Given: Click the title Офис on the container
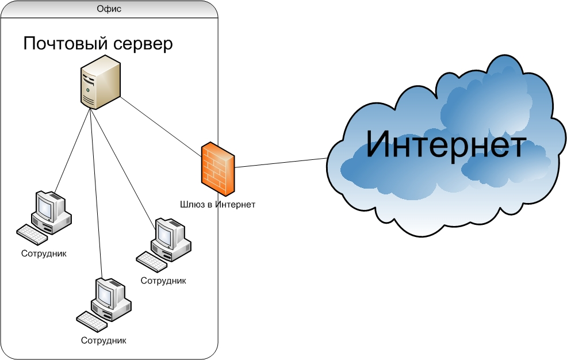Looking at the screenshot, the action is coord(109,9).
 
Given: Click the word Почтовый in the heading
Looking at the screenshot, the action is coord(66,44).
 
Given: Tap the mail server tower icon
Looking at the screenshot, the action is coord(100,82).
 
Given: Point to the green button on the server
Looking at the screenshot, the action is coord(87,90).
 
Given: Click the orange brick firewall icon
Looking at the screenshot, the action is coord(218,168).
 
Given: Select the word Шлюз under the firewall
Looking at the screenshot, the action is coord(192,205).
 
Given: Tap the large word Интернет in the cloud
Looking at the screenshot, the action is coord(446,144).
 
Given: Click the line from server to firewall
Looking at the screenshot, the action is coord(161,127).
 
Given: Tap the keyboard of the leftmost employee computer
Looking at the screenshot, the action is coord(32,235).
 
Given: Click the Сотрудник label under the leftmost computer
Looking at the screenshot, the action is coord(44,254).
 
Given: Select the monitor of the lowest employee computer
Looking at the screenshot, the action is coord(107,292).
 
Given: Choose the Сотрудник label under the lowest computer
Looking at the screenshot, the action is coord(104,340).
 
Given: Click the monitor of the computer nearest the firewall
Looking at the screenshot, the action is coord(167,232).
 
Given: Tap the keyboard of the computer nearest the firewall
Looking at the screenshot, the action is coord(151,262).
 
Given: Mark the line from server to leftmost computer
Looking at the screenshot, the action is coord(72,150).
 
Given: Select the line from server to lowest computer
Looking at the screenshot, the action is coord(97,194).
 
